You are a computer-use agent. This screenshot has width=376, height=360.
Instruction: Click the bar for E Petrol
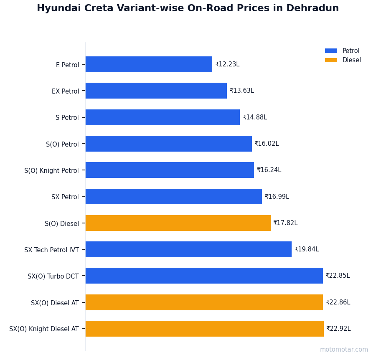[149, 64]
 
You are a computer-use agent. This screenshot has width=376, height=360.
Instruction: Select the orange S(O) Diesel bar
[178, 223]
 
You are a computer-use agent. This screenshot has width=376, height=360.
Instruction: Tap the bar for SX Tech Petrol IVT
[188, 249]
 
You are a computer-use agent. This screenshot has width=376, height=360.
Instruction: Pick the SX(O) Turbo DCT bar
[204, 276]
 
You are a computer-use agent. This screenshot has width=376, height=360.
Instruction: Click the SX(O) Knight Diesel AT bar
[204, 329]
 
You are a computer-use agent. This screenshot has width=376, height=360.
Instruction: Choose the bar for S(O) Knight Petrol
[170, 170]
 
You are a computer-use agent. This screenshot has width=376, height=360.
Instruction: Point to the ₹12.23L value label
[227, 64]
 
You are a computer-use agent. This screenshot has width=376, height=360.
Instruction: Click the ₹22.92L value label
[338, 329]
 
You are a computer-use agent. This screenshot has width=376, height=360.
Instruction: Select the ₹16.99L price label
[277, 197]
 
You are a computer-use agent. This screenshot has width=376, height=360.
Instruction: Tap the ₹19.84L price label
[306, 249]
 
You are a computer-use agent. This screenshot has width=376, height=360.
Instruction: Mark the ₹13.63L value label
[241, 91]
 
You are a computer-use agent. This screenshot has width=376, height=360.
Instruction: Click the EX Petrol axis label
[65, 91]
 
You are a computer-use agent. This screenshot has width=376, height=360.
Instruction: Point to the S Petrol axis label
[67, 118]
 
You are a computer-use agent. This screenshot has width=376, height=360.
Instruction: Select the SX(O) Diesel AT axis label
[55, 303]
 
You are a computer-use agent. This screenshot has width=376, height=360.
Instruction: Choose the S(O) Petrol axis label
[62, 144]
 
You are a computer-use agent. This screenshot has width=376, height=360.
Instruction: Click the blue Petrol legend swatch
[331, 51]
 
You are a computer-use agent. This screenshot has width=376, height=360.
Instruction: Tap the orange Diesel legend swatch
[331, 60]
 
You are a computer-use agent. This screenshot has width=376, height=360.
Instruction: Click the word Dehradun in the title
[312, 8]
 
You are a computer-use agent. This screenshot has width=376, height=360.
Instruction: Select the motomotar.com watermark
[344, 350]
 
